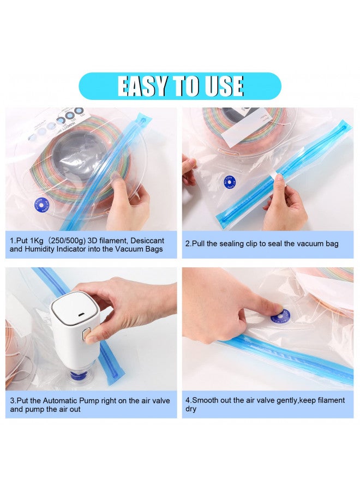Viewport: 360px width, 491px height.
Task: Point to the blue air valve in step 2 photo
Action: (229, 182)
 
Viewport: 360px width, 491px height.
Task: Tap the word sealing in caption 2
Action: (225, 244)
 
